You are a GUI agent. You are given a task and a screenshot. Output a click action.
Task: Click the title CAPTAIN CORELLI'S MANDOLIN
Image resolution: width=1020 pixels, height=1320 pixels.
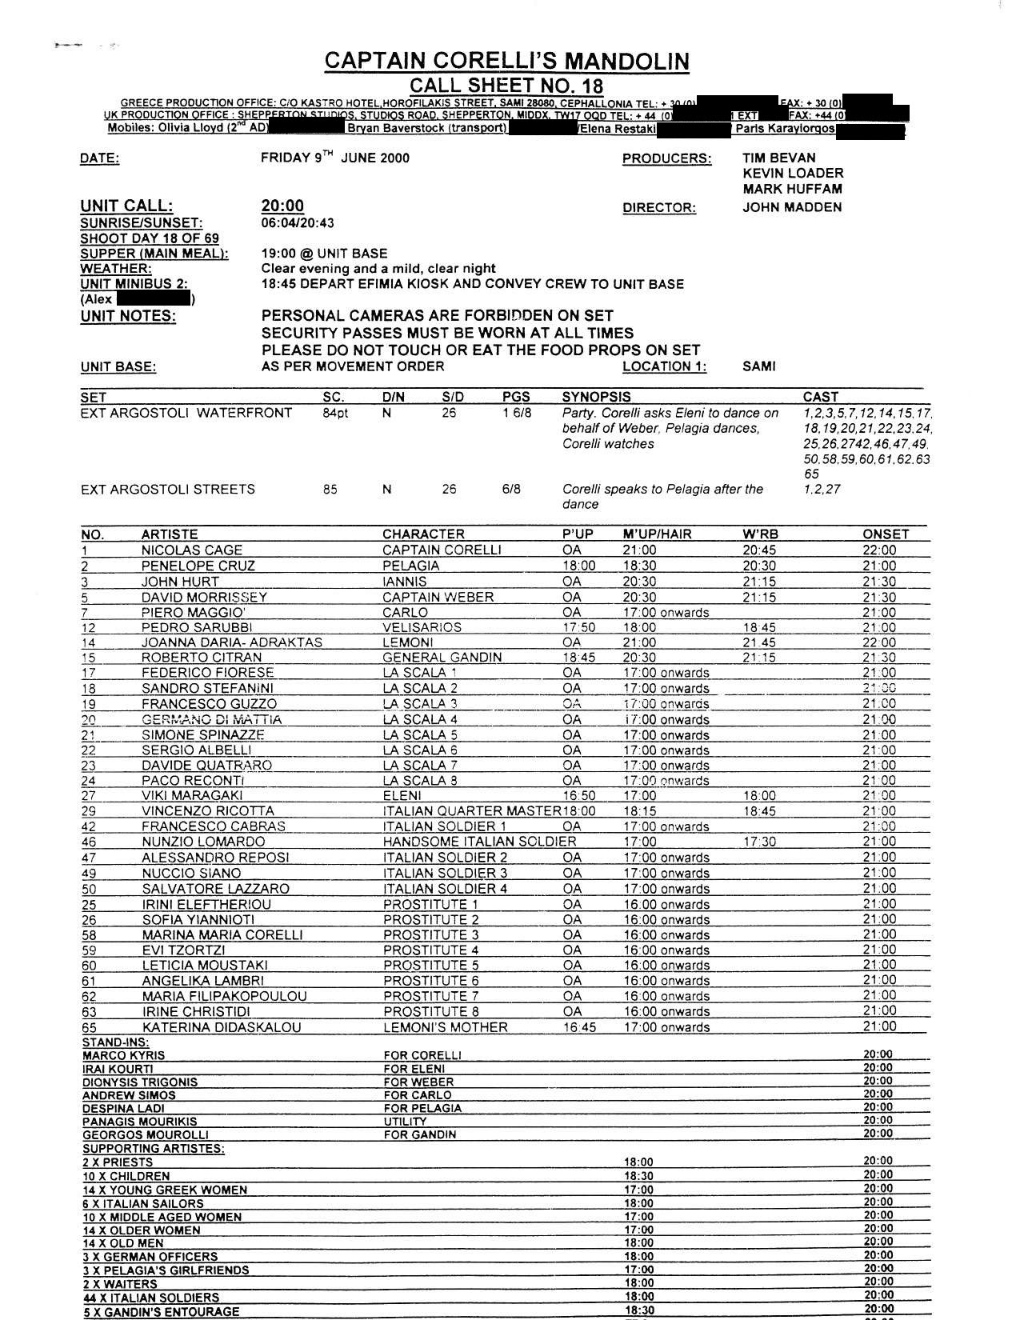(506, 61)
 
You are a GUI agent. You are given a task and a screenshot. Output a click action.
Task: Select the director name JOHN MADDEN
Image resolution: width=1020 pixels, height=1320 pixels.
(792, 207)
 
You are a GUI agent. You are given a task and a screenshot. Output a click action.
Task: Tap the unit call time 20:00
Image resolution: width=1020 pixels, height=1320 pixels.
(282, 206)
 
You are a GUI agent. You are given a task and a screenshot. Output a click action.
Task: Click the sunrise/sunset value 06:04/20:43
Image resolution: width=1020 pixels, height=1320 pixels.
(298, 223)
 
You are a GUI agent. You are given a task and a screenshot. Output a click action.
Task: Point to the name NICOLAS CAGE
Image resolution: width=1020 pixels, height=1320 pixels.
(192, 550)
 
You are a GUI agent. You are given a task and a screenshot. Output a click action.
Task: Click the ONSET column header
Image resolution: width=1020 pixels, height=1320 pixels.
(886, 534)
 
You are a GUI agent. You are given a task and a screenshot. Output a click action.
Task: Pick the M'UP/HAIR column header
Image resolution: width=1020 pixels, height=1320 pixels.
(657, 534)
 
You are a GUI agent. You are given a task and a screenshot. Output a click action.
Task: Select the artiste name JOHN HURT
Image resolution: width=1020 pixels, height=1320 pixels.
(180, 582)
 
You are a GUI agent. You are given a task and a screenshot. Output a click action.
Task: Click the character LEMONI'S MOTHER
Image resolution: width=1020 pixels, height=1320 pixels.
(445, 1027)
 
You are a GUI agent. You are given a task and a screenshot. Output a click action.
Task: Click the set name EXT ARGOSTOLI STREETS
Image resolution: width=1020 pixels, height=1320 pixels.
(168, 489)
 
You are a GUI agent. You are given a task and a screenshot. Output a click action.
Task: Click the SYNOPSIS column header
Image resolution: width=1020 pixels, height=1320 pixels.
(596, 397)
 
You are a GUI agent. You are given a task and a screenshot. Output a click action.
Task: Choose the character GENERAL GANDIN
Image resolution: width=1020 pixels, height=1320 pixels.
(442, 658)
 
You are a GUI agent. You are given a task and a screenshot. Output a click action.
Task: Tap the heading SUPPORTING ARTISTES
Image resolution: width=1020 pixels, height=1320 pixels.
(153, 1149)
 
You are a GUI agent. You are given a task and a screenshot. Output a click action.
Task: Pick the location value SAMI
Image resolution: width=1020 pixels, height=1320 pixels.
(758, 366)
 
